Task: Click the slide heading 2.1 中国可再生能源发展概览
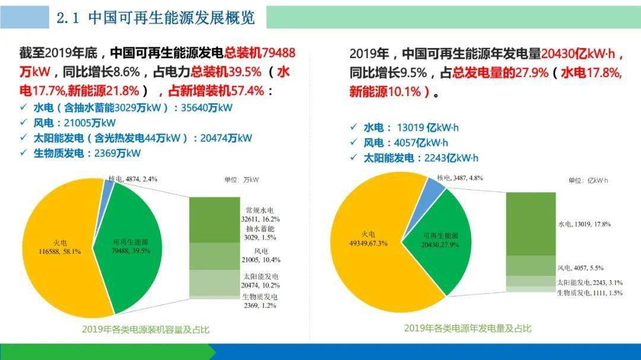coord(156,17)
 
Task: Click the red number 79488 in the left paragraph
coord(274,53)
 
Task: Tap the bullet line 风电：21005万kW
coord(75,123)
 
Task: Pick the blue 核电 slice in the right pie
coord(433,189)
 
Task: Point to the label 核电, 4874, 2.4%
coord(133,179)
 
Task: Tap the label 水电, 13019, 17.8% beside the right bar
coord(584,224)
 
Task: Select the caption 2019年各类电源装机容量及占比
coord(145,329)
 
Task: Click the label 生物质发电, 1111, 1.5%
coord(589,293)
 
